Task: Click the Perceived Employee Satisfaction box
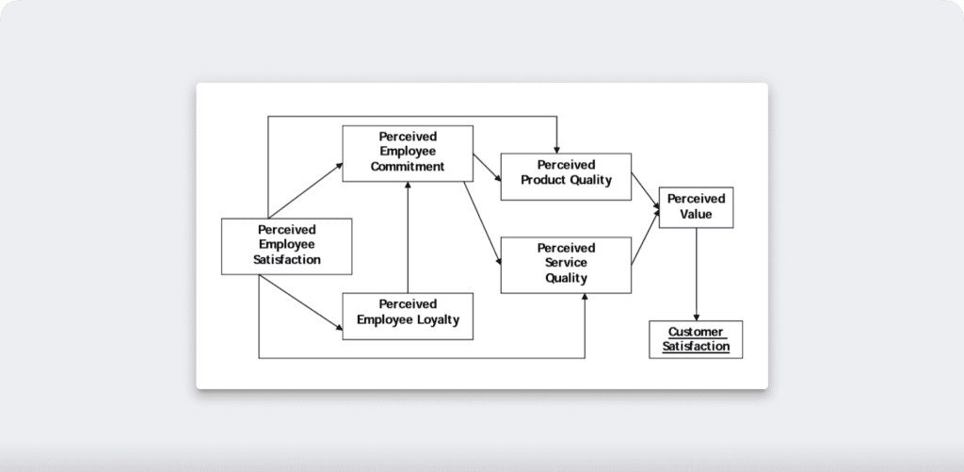[x=286, y=246]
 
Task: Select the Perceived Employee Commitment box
[x=407, y=153]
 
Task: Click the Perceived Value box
[x=696, y=207]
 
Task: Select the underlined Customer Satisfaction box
[x=696, y=339]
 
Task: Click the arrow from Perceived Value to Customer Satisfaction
[x=696, y=273]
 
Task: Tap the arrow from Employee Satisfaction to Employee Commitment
[x=306, y=189]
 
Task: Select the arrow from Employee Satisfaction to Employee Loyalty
[x=301, y=302]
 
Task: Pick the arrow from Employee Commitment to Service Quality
[x=482, y=222]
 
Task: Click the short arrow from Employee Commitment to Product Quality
[x=486, y=167]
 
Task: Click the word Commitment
[x=407, y=167]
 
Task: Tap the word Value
[x=696, y=215]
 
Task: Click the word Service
[x=565, y=264]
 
